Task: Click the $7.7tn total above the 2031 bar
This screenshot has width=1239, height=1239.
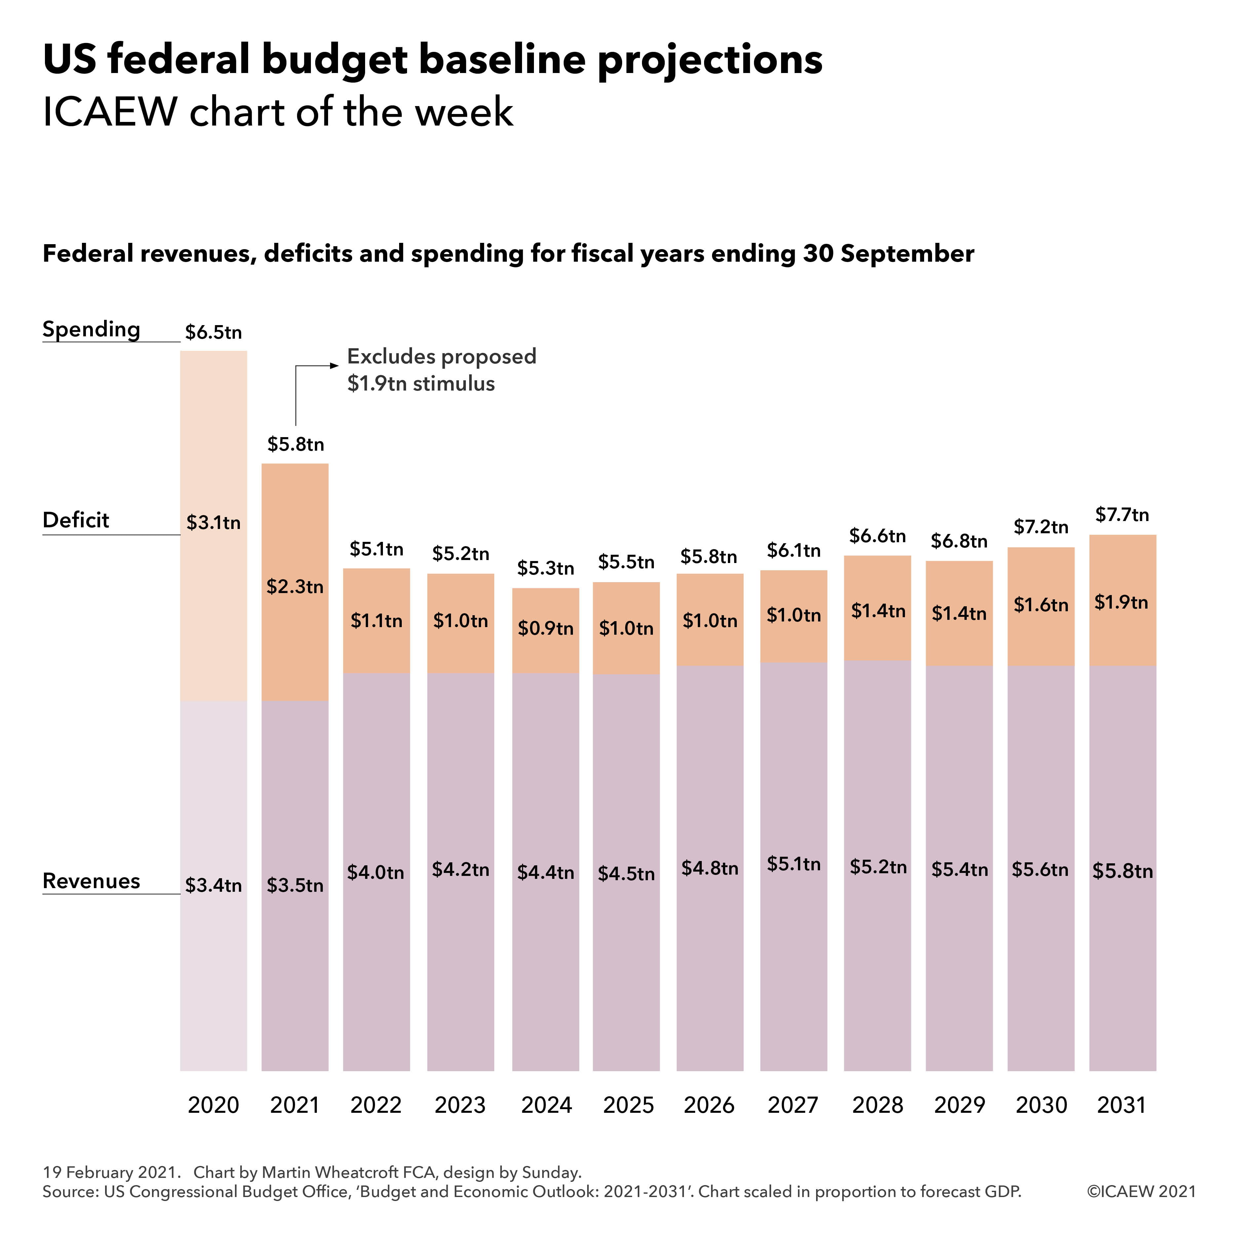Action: [x=1122, y=514]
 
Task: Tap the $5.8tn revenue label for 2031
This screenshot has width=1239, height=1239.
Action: [x=1122, y=871]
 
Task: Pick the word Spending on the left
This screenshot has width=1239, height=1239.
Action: [x=91, y=329]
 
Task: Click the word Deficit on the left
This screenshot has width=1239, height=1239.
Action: [x=76, y=520]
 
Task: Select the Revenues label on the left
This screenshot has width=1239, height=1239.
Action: [x=91, y=881]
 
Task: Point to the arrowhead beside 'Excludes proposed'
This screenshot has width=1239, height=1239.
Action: [x=334, y=365]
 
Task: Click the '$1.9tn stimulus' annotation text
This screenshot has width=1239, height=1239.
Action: [x=421, y=384]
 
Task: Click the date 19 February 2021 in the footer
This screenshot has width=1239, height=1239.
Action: [x=109, y=1172]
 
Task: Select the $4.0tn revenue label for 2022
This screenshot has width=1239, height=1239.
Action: [x=376, y=872]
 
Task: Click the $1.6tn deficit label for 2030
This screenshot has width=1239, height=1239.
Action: [x=1041, y=605]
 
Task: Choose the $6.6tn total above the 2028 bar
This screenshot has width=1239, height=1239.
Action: [x=877, y=536]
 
